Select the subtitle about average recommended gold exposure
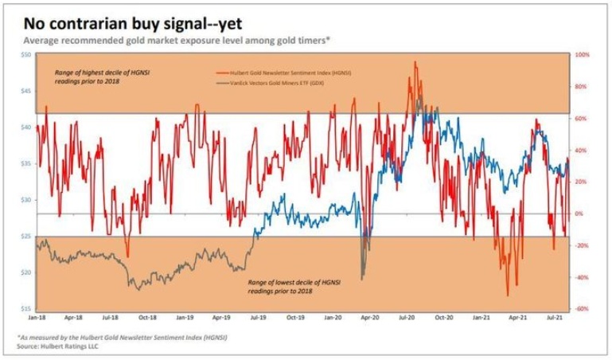(x=177, y=40)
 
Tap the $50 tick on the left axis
(x=25, y=55)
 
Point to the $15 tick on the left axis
(x=25, y=309)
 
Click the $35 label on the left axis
(x=25, y=164)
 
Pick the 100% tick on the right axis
(x=581, y=55)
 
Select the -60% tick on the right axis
(x=581, y=309)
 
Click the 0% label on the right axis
(x=579, y=213)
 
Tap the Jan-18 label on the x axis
(x=37, y=317)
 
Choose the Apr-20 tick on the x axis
(x=369, y=317)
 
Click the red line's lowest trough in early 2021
(x=507, y=295)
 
